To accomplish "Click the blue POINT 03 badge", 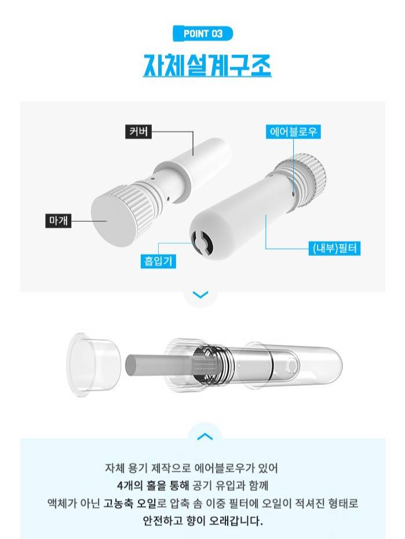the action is [x=203, y=34].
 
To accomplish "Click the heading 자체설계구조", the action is [x=207, y=65].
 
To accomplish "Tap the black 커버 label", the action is [x=138, y=131].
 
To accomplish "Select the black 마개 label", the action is [x=59, y=221].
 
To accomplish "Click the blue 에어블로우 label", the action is [x=293, y=131].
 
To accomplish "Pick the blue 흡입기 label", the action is [x=158, y=261].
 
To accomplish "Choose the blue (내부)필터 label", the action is [x=334, y=248].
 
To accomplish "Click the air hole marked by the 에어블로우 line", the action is [x=293, y=194].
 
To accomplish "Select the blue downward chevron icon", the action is [x=200, y=295].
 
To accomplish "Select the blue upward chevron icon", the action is [x=205, y=437].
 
